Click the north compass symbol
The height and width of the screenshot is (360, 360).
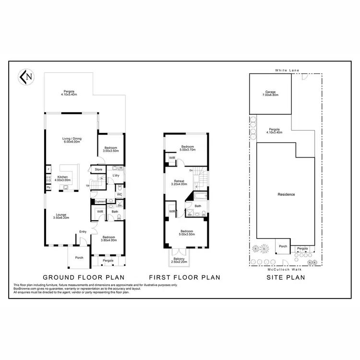pyautogui.click(x=25, y=76)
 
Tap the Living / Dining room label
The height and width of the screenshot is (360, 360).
pyautogui.click(x=72, y=141)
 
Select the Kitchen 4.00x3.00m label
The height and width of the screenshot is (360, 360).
pyautogui.click(x=63, y=179)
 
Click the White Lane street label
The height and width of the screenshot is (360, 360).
pyautogui.click(x=287, y=71)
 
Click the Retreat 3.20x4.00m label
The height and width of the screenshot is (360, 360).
pyautogui.click(x=180, y=183)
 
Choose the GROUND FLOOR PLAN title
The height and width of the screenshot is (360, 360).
pyautogui.click(x=84, y=277)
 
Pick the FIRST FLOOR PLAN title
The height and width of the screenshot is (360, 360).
pyautogui.click(x=184, y=277)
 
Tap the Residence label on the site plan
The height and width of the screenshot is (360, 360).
pyautogui.click(x=286, y=194)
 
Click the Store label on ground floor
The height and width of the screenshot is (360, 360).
pyautogui.click(x=98, y=169)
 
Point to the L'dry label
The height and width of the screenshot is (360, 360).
pyautogui.click(x=116, y=176)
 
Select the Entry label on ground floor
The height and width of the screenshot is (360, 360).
pyautogui.click(x=83, y=232)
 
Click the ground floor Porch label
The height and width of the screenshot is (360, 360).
pyautogui.click(x=79, y=257)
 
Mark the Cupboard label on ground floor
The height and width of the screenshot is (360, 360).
pyautogui.click(x=100, y=202)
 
